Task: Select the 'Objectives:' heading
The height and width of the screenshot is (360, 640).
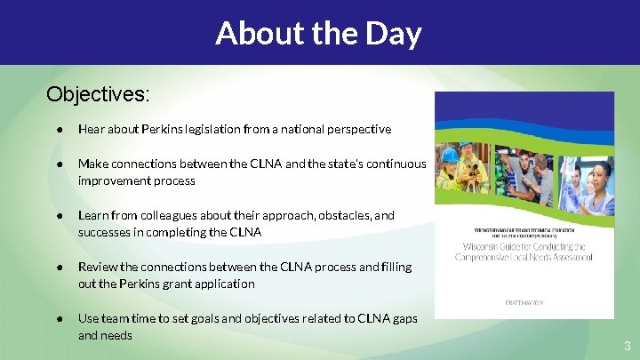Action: pyautogui.click(x=98, y=93)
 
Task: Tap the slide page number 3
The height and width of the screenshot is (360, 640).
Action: pyautogui.click(x=626, y=345)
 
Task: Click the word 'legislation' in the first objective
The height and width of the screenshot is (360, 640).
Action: pyautogui.click(x=227, y=129)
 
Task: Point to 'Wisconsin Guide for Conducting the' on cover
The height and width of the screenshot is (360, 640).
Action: pyautogui.click(x=524, y=246)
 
